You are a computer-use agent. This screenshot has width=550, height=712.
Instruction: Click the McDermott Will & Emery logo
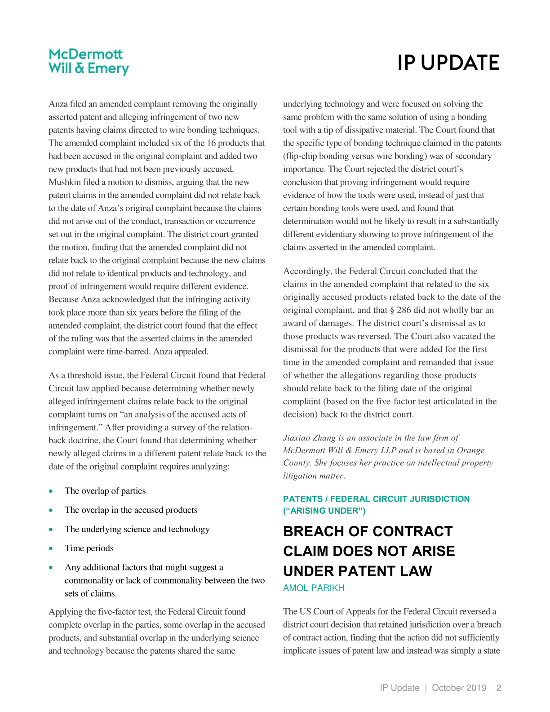(x=89, y=62)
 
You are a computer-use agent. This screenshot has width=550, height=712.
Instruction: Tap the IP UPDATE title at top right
(x=448, y=63)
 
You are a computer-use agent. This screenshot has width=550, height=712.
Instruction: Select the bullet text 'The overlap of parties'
(x=105, y=491)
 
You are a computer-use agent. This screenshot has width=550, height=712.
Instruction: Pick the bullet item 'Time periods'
(x=89, y=548)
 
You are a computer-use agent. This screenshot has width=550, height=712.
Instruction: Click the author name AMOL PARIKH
(x=314, y=588)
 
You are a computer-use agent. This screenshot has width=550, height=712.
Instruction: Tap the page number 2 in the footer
(x=499, y=688)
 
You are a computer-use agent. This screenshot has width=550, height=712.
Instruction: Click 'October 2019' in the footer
(x=459, y=688)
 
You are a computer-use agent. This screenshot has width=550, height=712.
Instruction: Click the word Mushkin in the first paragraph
(x=65, y=182)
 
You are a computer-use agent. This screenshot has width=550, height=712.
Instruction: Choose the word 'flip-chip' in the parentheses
(x=300, y=156)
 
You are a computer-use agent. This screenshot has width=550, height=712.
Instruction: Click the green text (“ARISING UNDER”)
(x=324, y=511)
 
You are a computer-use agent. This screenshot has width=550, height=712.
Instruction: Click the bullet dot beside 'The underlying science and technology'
(x=51, y=530)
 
